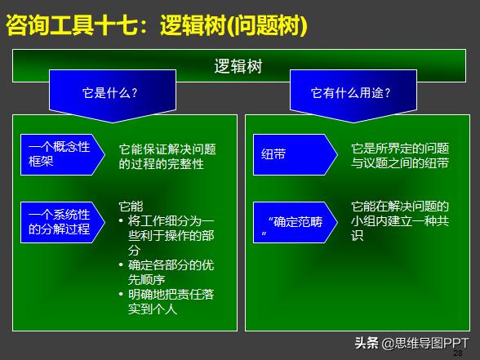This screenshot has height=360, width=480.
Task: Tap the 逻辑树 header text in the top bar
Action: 238,66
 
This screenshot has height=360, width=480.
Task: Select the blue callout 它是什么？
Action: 110,92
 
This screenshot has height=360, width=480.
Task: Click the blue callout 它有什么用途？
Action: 350,92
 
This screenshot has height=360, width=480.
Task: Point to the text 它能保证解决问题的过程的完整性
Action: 167,156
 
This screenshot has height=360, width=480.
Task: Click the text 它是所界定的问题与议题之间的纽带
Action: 399,156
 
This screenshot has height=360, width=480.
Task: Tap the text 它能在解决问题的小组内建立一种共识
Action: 399,220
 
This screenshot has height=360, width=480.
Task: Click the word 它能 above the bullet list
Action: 131,206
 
